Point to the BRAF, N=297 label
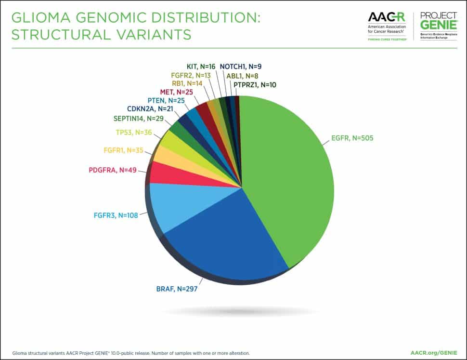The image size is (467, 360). (x=176, y=289)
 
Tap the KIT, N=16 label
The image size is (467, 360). (x=200, y=67)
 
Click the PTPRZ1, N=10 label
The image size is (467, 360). (x=254, y=85)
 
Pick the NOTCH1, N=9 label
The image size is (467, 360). (x=240, y=67)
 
